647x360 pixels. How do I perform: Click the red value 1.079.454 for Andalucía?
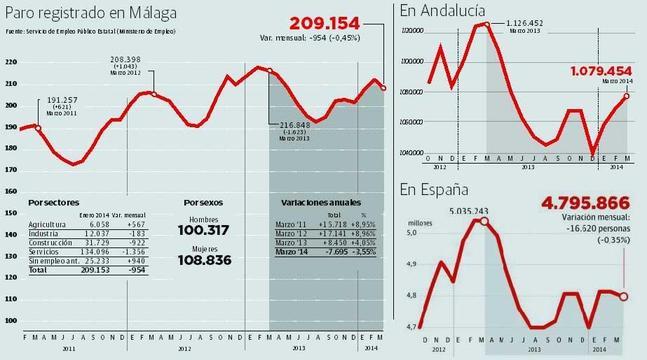coord(604,72)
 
